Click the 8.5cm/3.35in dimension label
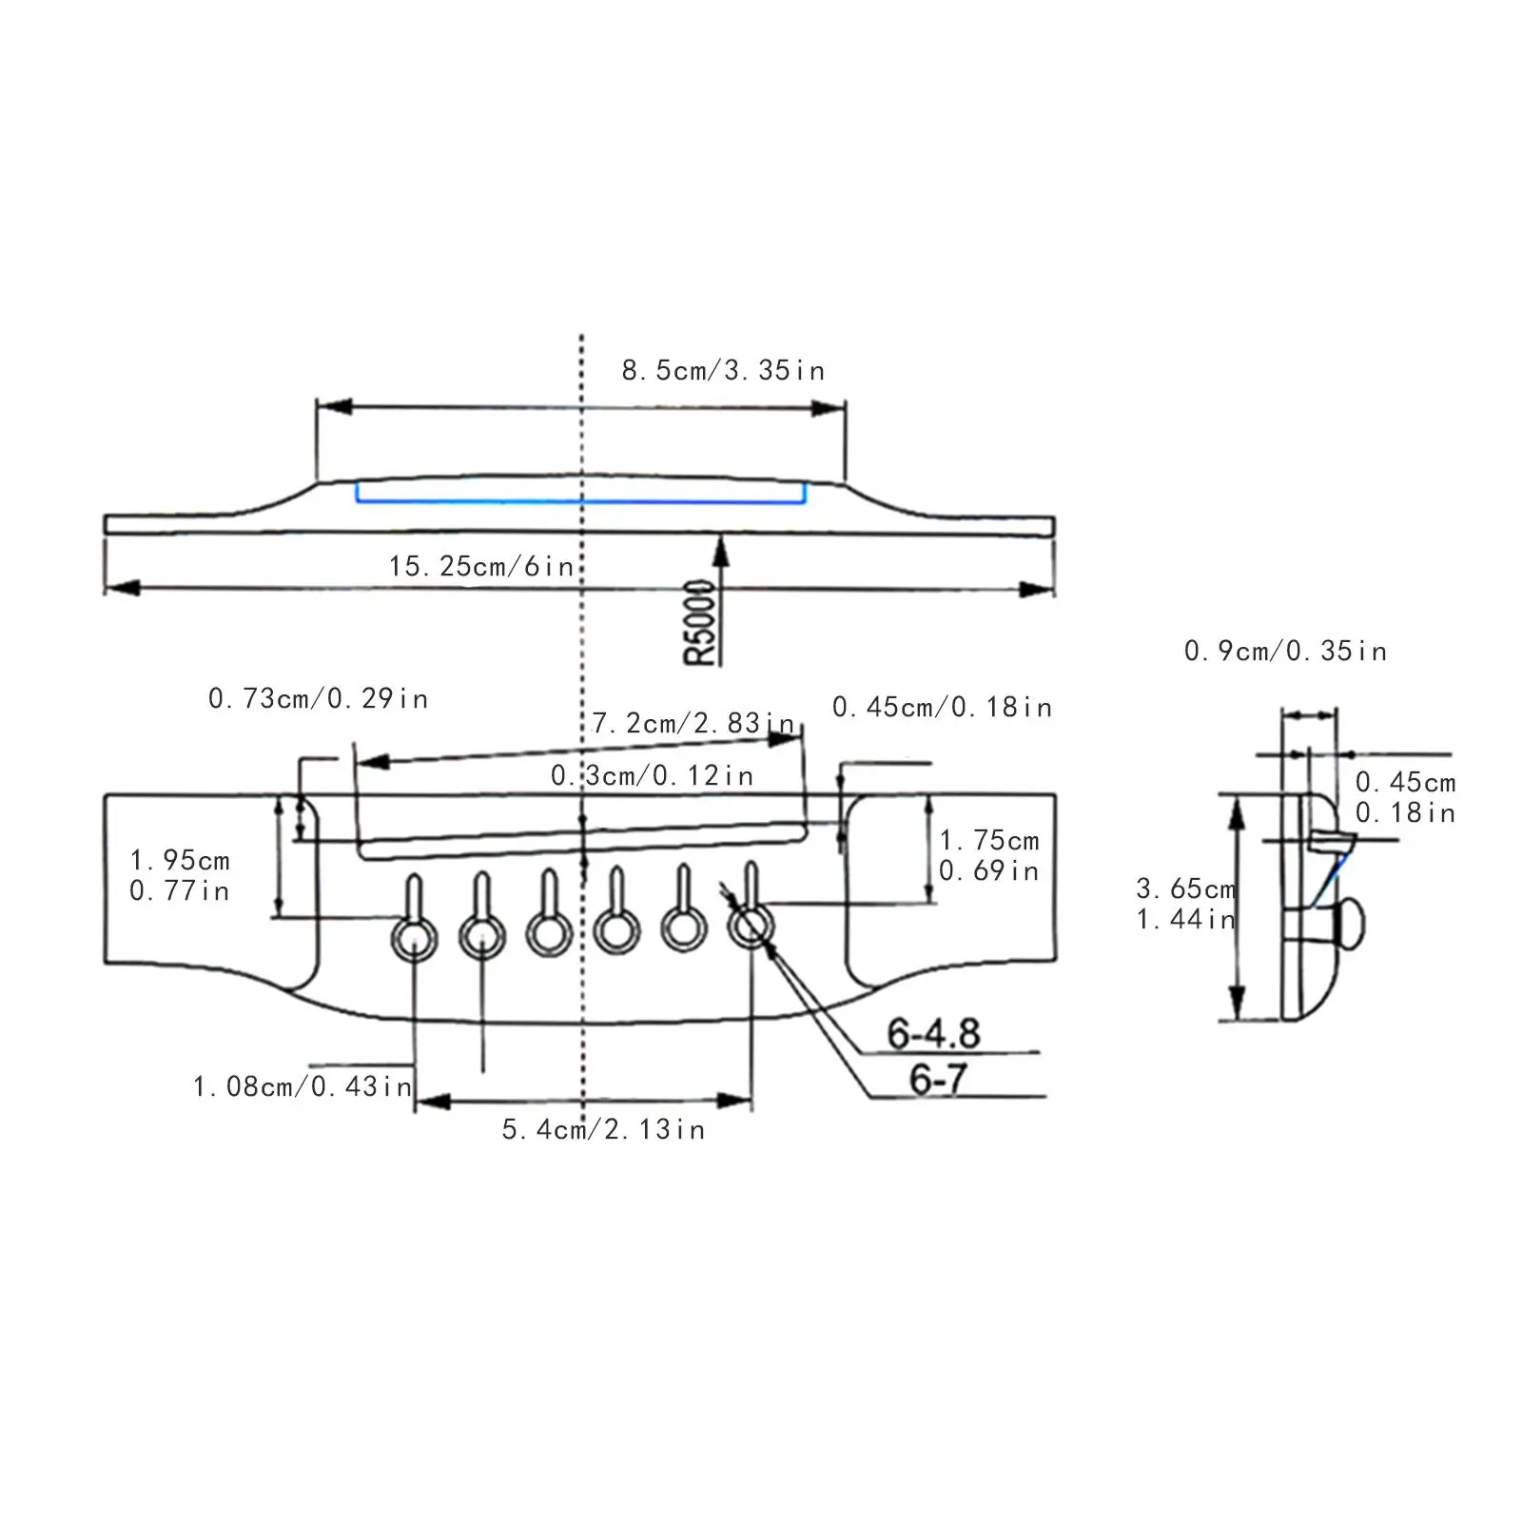coord(723,371)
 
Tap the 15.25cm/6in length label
coord(481,567)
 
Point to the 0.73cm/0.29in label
coord(318,699)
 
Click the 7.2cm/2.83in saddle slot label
coord(693,724)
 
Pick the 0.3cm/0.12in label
coord(653,776)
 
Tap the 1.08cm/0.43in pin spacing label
coord(302,1086)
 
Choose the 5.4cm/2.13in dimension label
coord(603,1130)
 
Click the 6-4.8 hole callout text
coord(933,1033)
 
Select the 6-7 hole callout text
coord(938,1079)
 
